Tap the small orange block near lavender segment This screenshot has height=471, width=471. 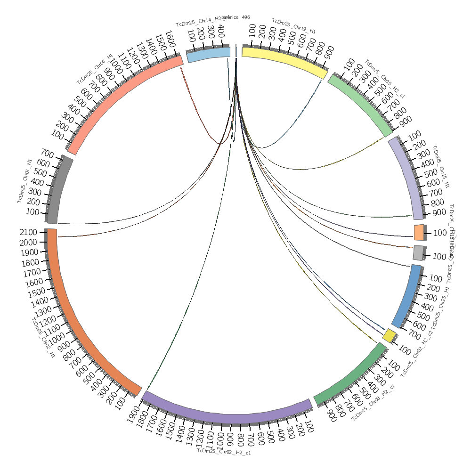point(418,232)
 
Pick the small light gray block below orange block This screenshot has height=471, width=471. point(418,253)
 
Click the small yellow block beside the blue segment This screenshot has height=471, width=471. point(389,336)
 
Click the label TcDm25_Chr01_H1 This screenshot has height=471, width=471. point(25,181)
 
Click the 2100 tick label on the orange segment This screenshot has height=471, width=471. point(29,232)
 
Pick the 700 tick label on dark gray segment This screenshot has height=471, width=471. point(48,153)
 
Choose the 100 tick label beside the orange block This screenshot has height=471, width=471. point(439,233)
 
